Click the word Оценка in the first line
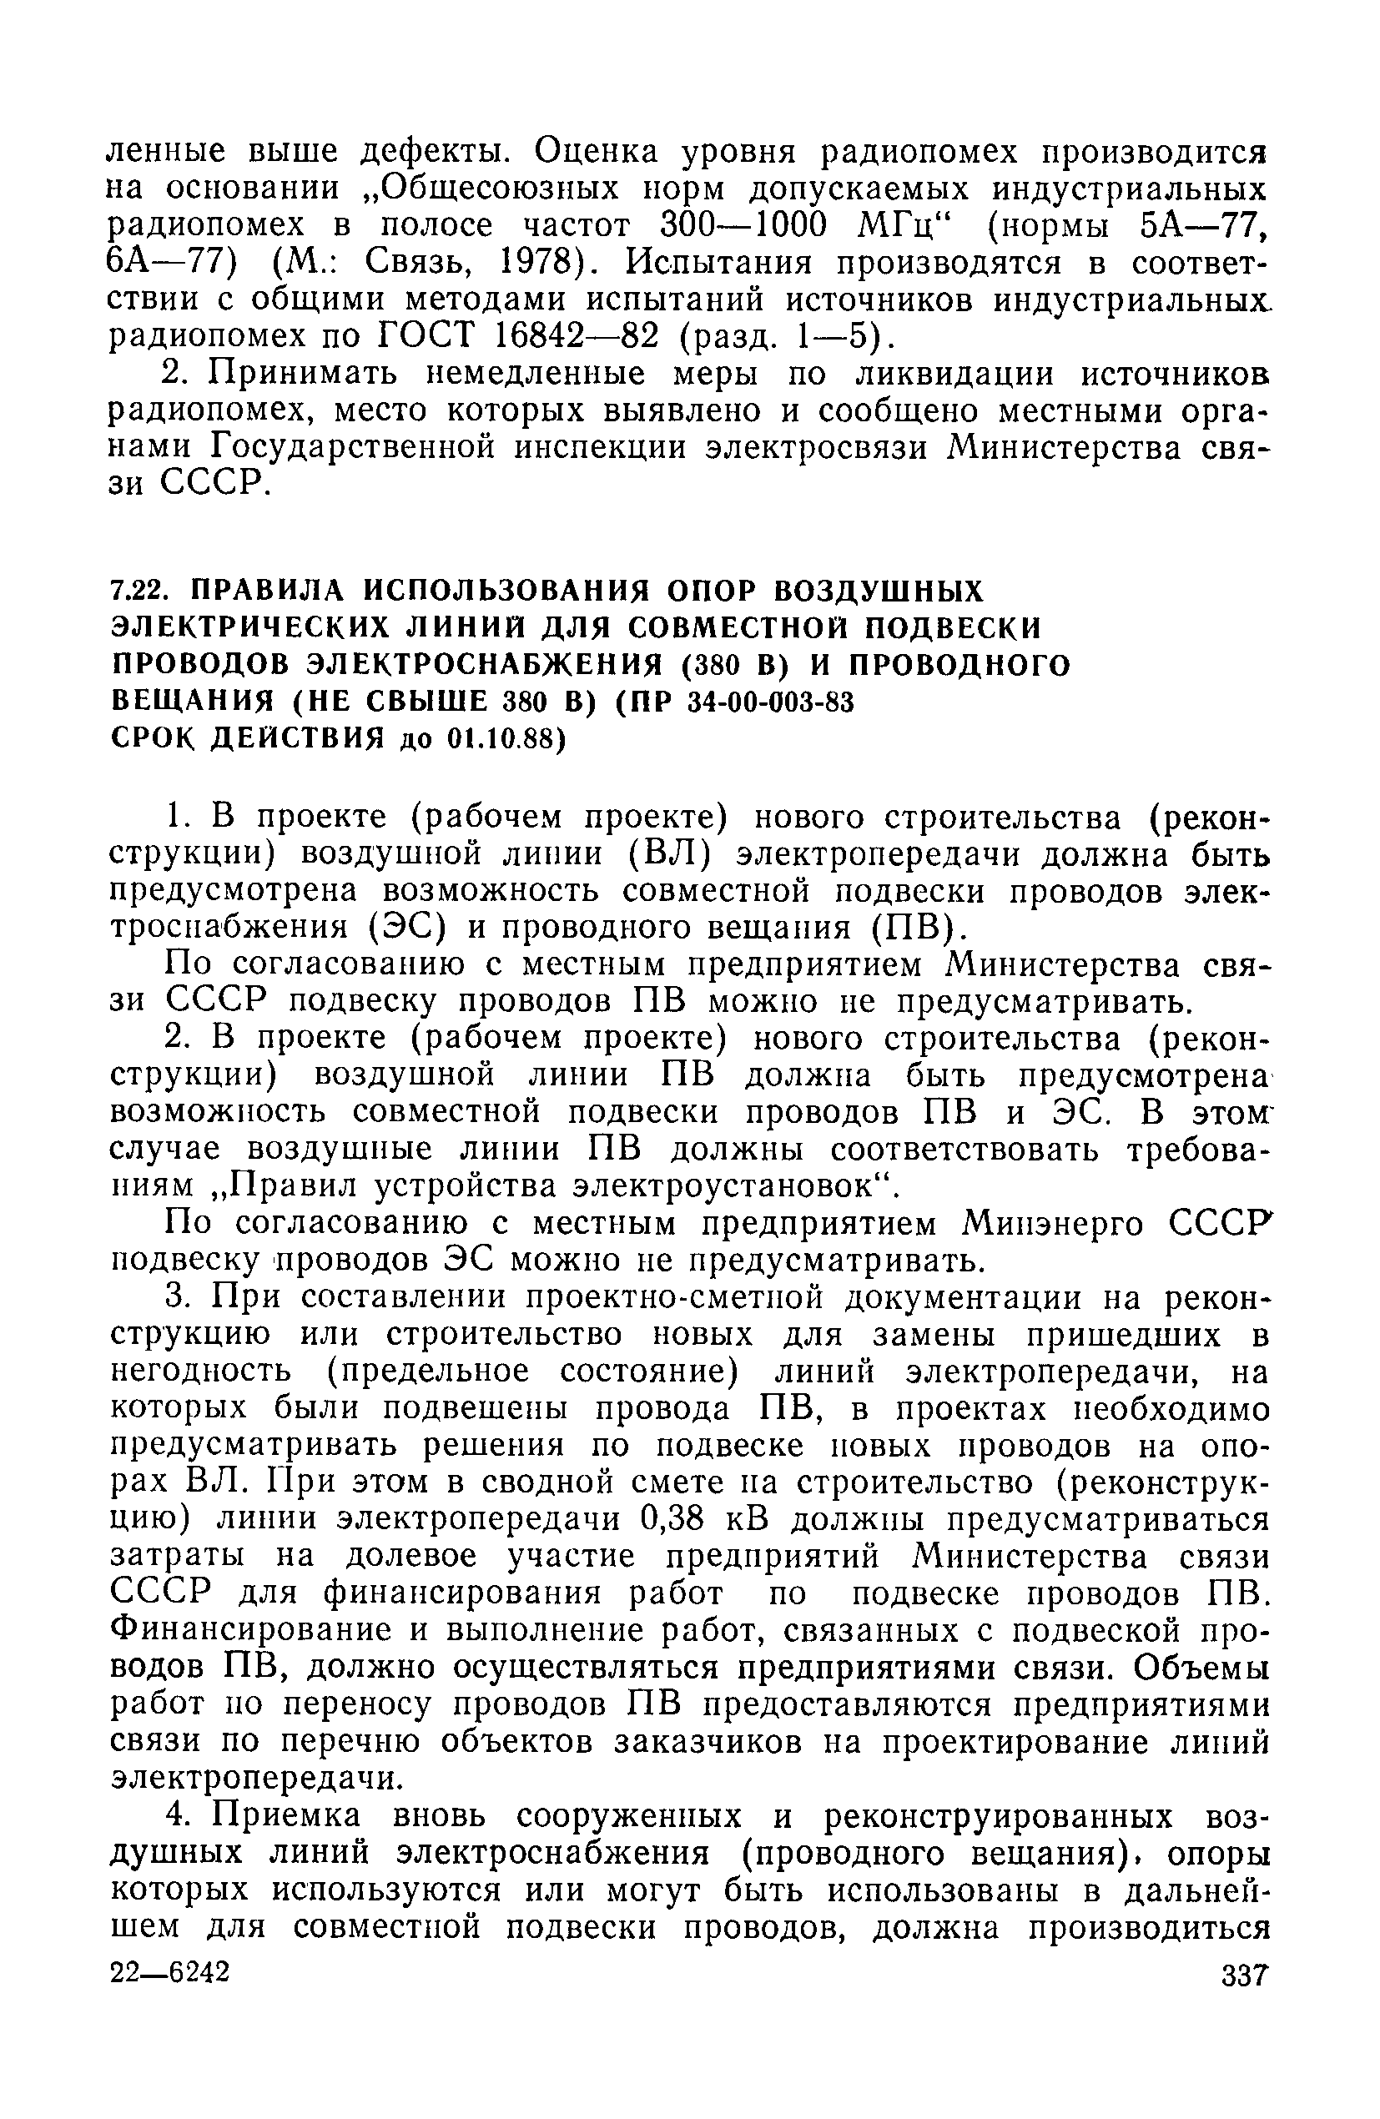click(595, 151)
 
